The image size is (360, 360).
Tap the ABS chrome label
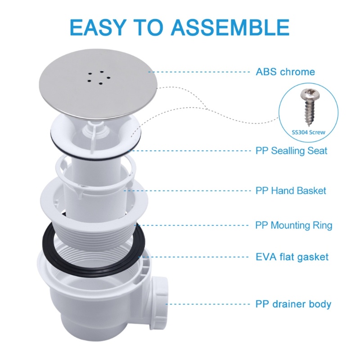coord(285,72)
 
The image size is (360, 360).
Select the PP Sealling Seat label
coord(291,151)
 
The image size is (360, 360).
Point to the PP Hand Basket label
coord(291,191)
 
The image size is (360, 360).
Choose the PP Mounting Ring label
coord(293,225)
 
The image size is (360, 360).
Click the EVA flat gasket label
coord(292,257)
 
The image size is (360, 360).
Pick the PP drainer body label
coord(293,304)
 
